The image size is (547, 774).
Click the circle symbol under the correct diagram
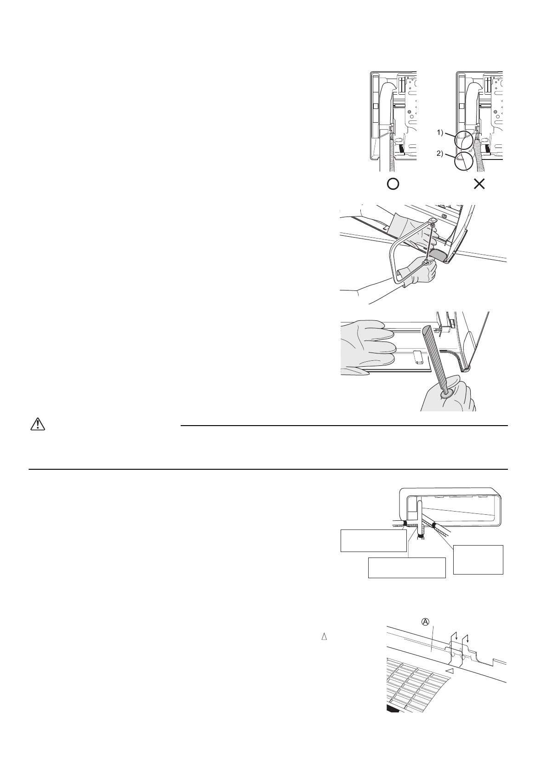tap(393, 184)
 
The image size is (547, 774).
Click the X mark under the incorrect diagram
tap(479, 184)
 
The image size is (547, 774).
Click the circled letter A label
tap(426, 621)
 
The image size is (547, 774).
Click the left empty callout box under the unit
tap(373, 541)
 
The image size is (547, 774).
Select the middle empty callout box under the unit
tap(407, 568)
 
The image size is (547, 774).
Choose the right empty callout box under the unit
tap(478, 559)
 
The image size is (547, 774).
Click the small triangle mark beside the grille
tap(451, 672)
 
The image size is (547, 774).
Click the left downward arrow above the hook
tap(456, 638)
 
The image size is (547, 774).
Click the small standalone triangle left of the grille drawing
tap(324, 637)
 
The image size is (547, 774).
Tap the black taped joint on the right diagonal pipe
tap(433, 524)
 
